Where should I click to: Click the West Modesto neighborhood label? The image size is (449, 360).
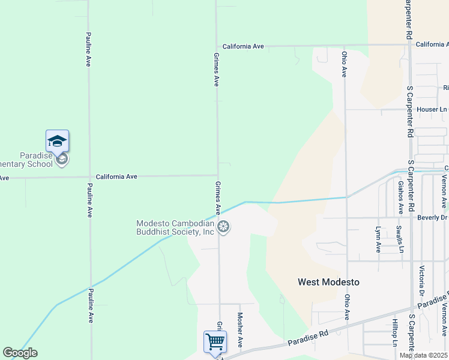328,282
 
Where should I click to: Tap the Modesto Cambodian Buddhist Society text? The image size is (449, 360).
175,227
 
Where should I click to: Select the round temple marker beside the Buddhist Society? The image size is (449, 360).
223,227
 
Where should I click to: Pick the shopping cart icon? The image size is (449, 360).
215,342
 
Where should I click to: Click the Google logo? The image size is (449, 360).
20,353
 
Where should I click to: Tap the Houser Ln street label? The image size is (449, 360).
432,110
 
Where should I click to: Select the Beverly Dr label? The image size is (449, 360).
433,217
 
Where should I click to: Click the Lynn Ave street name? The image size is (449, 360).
378,239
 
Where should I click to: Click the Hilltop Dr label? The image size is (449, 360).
394,332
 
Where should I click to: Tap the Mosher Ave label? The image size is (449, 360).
240,329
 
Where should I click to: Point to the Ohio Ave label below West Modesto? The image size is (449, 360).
347,306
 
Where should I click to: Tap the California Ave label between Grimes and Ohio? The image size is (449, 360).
243,46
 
